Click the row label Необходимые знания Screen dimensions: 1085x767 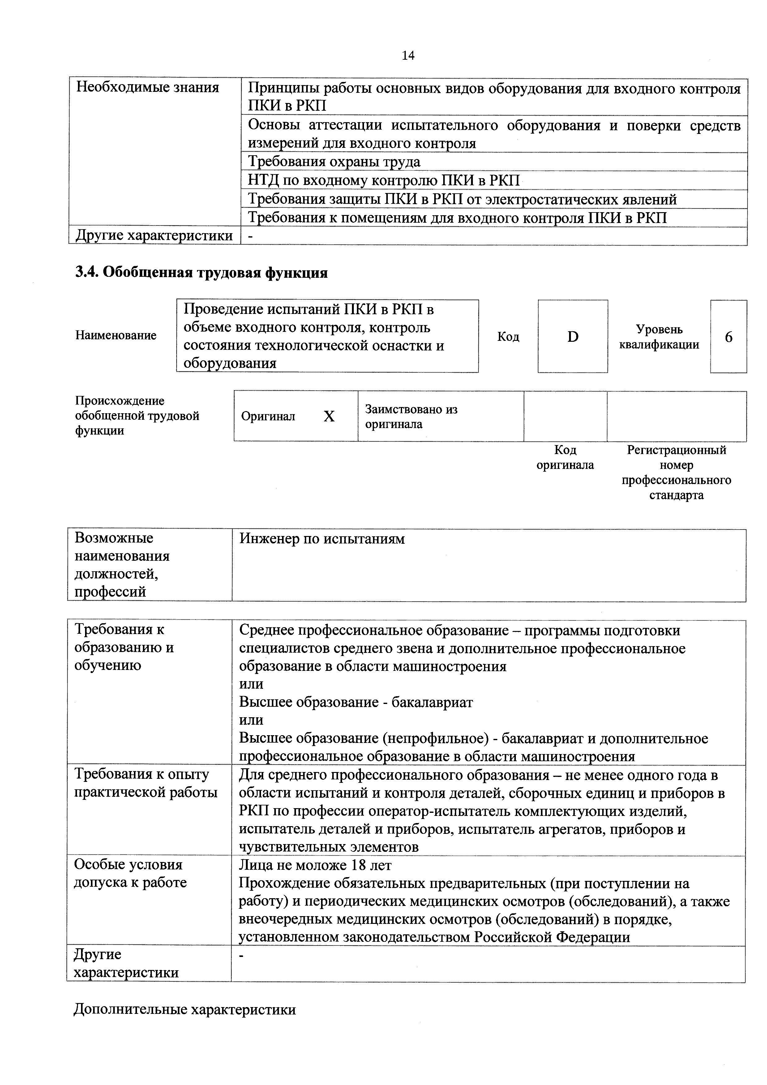[x=148, y=88]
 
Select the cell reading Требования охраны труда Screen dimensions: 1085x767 [x=334, y=162]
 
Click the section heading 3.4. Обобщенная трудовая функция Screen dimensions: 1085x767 [x=201, y=273]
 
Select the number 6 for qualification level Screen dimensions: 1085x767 [x=728, y=337]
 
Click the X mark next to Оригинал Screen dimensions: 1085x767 [x=329, y=416]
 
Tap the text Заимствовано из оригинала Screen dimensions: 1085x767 [x=411, y=416]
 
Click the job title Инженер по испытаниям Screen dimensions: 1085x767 [x=322, y=539]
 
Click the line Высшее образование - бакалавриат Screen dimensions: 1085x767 [x=356, y=702]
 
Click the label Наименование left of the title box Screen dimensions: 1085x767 [x=116, y=336]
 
